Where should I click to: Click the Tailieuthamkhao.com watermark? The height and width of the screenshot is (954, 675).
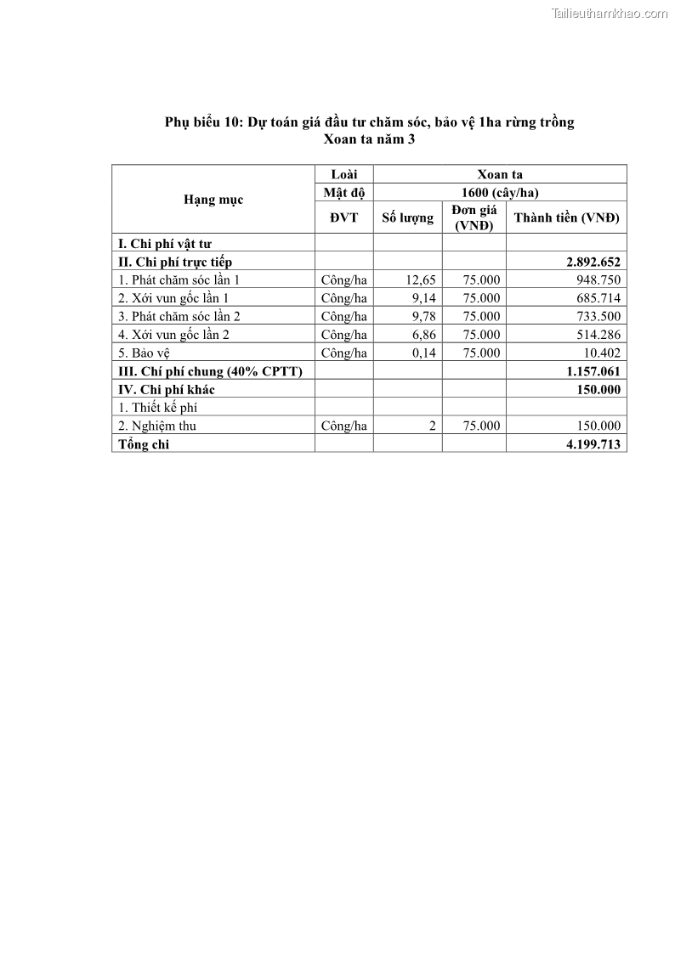(610, 13)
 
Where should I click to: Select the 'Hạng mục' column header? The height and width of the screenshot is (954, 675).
(213, 200)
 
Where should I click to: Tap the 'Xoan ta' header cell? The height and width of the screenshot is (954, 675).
(500, 174)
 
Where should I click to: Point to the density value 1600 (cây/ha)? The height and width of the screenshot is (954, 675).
(500, 192)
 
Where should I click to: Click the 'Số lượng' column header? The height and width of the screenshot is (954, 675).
(407, 218)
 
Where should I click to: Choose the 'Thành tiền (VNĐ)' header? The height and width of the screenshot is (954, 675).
(566, 218)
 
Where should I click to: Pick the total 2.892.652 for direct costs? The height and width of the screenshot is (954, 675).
(593, 262)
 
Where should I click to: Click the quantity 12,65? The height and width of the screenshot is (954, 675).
(422, 280)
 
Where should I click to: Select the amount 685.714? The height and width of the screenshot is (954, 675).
(598, 298)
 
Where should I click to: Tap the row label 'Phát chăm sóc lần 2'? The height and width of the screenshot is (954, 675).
(179, 316)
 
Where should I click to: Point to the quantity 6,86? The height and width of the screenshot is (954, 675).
(423, 335)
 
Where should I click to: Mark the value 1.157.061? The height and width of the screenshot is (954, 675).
(593, 371)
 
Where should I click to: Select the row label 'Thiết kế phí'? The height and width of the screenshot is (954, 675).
(157, 408)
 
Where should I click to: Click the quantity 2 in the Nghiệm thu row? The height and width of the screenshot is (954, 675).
(432, 426)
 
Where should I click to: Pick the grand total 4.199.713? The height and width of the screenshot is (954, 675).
(593, 444)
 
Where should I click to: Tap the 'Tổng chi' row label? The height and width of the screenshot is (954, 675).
(144, 444)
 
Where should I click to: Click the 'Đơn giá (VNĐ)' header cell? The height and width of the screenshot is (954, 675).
(474, 218)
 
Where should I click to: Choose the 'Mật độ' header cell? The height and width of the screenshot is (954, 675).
(343, 192)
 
